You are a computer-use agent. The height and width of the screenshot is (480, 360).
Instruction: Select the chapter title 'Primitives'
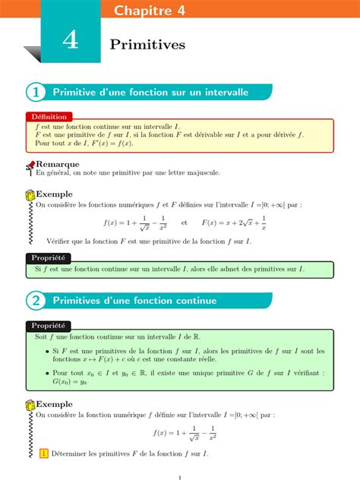click(147, 46)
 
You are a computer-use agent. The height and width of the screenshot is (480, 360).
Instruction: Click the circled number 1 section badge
click(35, 92)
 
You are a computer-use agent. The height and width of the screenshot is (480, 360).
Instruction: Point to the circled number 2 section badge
click(35, 301)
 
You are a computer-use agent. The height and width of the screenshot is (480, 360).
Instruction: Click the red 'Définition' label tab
click(49, 117)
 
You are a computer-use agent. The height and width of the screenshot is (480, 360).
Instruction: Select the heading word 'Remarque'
click(58, 163)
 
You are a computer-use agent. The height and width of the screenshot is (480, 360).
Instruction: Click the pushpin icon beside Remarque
click(30, 165)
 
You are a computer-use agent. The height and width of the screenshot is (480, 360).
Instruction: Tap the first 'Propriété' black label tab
click(48, 258)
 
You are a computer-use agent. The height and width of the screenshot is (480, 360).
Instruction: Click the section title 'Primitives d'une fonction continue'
click(134, 301)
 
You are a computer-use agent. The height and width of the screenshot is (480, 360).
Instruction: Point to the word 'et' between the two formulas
click(185, 223)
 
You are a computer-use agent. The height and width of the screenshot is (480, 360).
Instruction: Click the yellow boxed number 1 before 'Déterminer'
click(43, 453)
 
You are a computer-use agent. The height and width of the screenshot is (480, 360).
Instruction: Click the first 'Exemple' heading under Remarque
click(55, 194)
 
